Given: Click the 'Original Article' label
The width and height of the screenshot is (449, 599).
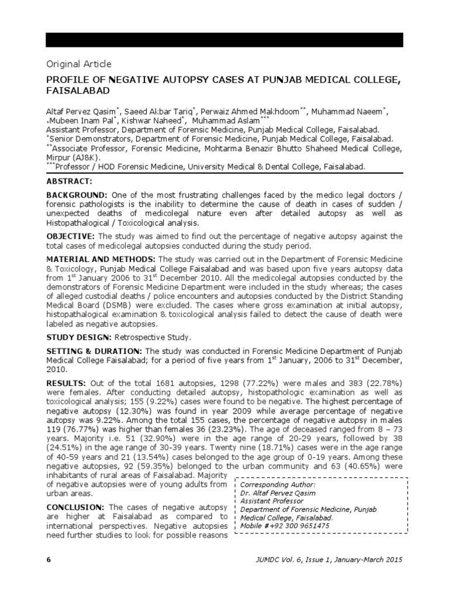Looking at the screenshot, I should pos(78,64).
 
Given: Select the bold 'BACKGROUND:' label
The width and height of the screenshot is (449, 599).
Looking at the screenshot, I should pos(76,194).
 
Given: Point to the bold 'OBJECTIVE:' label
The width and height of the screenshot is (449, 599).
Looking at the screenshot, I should pos(70,236).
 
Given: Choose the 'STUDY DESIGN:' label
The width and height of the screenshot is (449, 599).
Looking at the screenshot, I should pos(78,338).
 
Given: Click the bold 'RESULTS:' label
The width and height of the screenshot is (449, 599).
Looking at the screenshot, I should pos(66,382).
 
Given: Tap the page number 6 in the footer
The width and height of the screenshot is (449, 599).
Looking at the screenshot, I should pos(49,560).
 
